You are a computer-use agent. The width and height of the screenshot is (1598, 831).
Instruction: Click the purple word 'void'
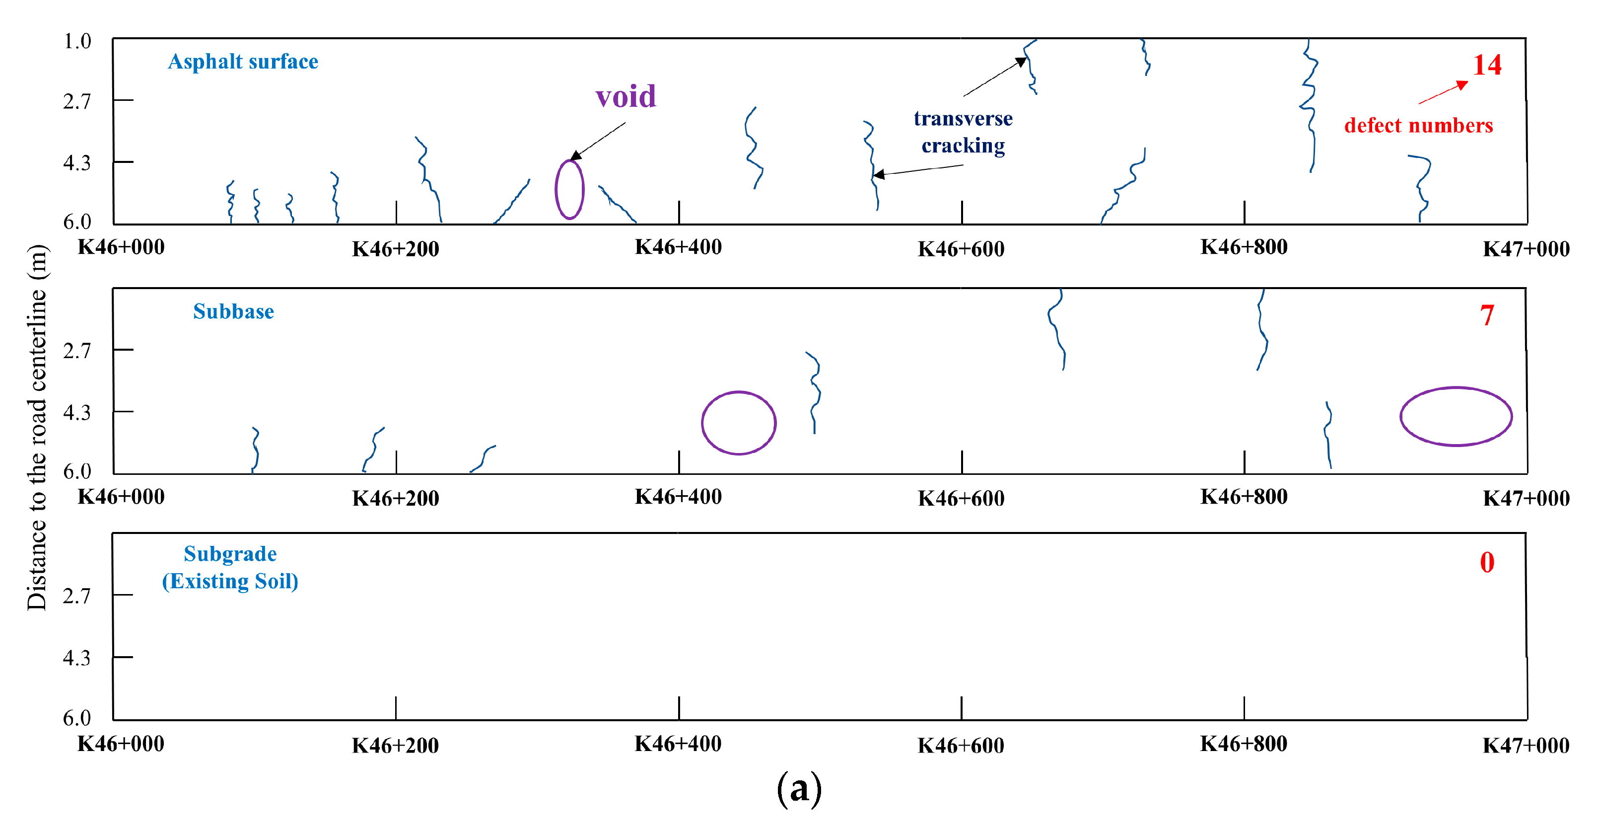[x=625, y=97]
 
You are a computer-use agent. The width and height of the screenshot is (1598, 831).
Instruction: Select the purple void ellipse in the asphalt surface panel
[x=569, y=190]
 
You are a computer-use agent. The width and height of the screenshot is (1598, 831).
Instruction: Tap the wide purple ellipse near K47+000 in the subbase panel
[x=1456, y=416]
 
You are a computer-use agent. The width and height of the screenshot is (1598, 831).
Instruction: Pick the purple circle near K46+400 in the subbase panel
[x=738, y=423]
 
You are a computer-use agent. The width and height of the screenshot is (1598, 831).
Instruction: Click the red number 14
[x=1487, y=65]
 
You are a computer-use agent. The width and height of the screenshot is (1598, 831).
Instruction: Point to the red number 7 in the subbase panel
[x=1486, y=315]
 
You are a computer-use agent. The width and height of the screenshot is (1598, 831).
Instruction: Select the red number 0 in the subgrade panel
[x=1486, y=562]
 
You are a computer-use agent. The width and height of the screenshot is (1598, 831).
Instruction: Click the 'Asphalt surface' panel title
[x=243, y=62]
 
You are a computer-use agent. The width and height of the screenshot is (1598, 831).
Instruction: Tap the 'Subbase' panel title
[x=233, y=311]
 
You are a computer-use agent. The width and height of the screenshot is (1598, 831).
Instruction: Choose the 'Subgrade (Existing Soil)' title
[x=230, y=567]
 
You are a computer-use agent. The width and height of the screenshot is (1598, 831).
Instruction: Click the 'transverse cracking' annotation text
[x=963, y=132]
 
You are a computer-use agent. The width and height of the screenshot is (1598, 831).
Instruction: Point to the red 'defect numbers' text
[x=1418, y=125]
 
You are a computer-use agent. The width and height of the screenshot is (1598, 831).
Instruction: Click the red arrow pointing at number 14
[x=1444, y=92]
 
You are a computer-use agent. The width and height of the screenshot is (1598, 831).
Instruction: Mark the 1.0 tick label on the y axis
[x=77, y=42]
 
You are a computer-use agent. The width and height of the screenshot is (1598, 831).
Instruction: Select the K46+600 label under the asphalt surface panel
[x=961, y=249]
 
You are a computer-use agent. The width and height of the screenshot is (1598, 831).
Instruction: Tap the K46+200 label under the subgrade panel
[x=395, y=746]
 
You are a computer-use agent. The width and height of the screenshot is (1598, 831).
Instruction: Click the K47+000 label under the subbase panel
[x=1526, y=498]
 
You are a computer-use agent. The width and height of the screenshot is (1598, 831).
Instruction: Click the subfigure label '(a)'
[x=799, y=789]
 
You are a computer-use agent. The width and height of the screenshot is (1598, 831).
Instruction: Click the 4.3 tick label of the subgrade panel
[x=77, y=657]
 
